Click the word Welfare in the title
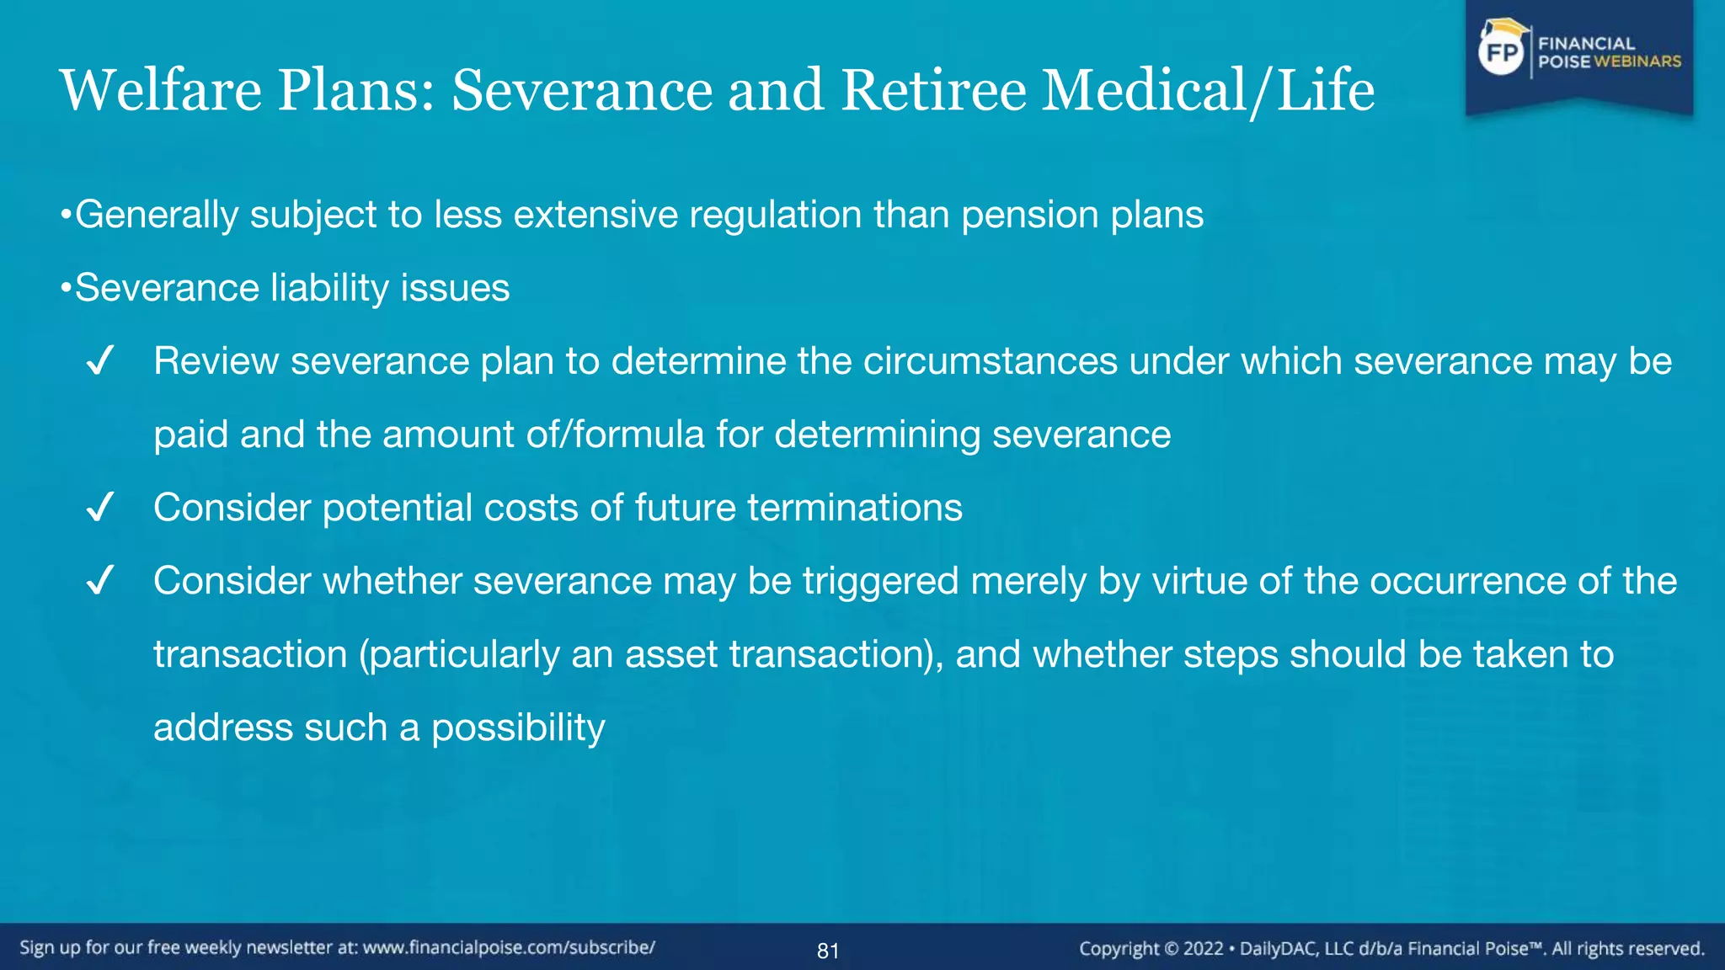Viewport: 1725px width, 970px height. pyautogui.click(x=161, y=90)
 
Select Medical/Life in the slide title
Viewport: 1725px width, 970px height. pyautogui.click(x=1208, y=90)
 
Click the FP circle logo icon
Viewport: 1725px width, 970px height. pyautogui.click(x=1502, y=53)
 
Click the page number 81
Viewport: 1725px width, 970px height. pyautogui.click(x=828, y=951)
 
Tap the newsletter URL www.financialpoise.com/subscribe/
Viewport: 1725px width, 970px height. pyautogui.click(x=509, y=948)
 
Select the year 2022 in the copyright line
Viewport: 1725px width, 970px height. pyautogui.click(x=1203, y=949)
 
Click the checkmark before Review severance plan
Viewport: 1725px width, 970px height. pyautogui.click(x=100, y=362)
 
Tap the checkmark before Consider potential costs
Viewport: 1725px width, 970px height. pyautogui.click(x=100, y=509)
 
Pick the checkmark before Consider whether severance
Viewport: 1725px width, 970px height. pyautogui.click(x=100, y=582)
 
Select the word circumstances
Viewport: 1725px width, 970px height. pyautogui.click(x=991, y=362)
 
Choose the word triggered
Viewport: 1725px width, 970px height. pyautogui.click(x=880, y=582)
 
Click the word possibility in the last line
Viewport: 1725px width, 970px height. pyautogui.click(x=518, y=728)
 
